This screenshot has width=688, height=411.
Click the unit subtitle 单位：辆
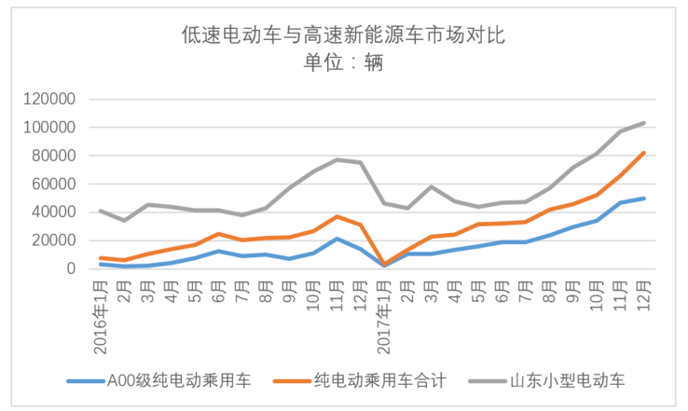click(x=343, y=64)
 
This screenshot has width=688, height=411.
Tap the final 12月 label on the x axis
click(x=644, y=294)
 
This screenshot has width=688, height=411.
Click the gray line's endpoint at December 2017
click(x=644, y=122)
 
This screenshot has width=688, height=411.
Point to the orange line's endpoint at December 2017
click(x=644, y=153)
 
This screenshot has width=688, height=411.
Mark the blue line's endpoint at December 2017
click(x=644, y=199)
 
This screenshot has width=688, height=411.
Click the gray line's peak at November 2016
click(x=337, y=159)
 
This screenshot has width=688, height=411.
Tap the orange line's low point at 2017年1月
click(x=385, y=264)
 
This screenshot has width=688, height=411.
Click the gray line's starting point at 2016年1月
click(x=101, y=211)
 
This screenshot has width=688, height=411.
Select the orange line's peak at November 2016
click(x=337, y=216)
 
